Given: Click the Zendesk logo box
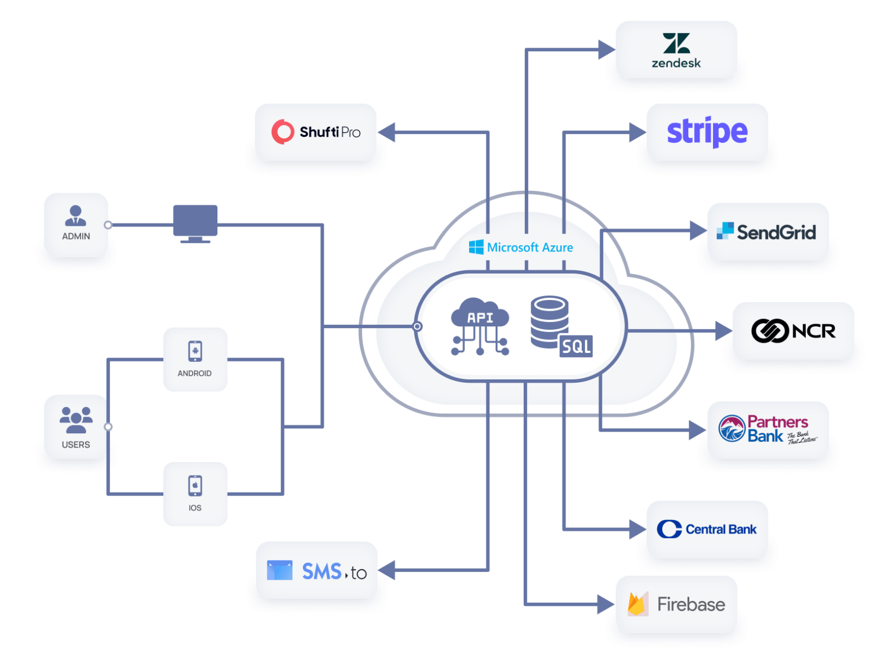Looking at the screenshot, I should (676, 50).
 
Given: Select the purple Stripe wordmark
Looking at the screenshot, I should (707, 132).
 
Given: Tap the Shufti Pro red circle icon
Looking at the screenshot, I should (283, 132).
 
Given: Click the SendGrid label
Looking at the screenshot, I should (776, 232).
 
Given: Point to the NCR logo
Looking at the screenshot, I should (793, 330).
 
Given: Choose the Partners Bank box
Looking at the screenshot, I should (768, 429).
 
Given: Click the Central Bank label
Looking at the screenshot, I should (721, 529).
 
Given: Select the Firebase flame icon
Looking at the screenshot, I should (637, 604).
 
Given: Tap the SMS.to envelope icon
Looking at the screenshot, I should (280, 570).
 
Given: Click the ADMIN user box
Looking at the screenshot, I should (76, 225).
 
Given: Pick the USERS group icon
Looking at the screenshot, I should (76, 420).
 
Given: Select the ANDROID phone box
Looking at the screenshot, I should (195, 359).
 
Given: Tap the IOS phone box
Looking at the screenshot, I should (195, 494).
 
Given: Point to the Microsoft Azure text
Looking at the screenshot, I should (530, 248).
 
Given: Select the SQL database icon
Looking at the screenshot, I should (560, 326).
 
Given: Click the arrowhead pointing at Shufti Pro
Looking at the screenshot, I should (386, 133).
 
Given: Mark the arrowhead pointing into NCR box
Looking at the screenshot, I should (723, 330).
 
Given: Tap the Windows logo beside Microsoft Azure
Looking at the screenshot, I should (476, 247).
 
